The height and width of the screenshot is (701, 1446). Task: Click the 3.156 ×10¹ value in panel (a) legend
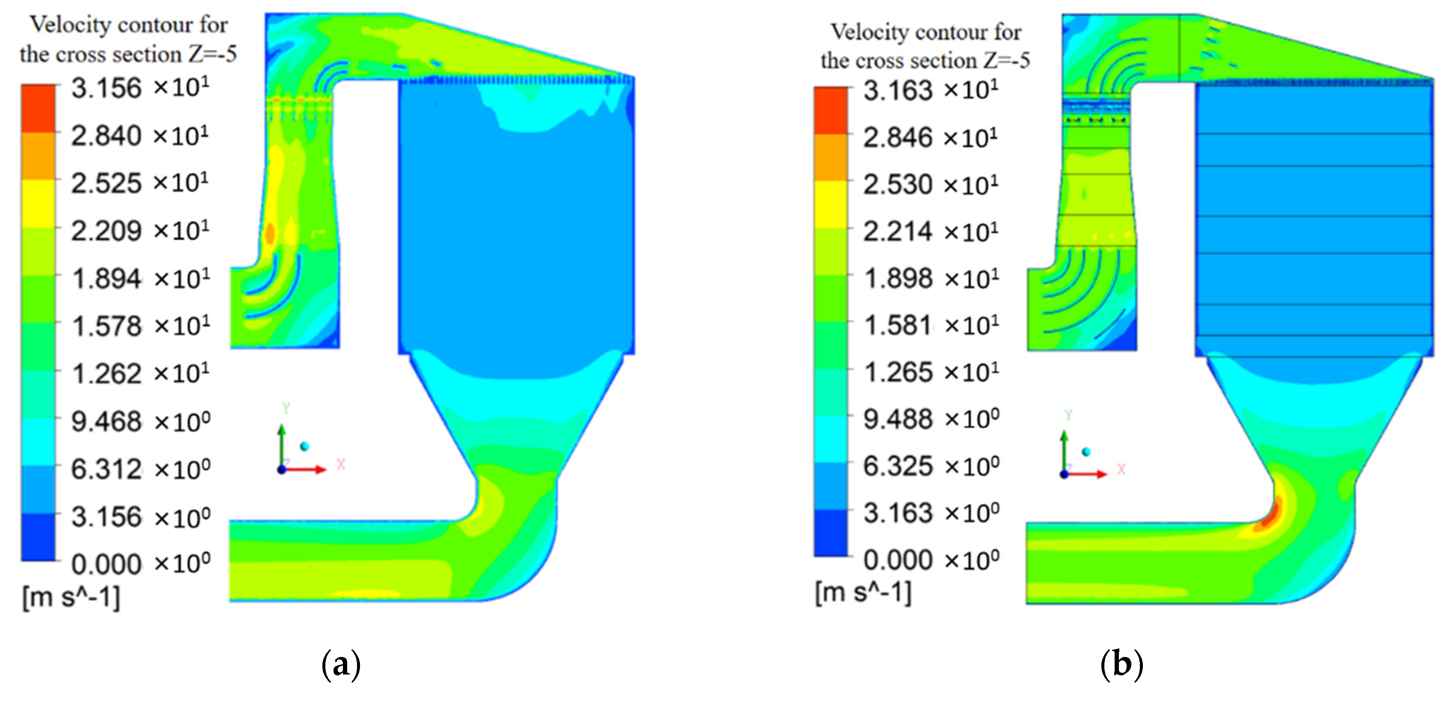click(140, 88)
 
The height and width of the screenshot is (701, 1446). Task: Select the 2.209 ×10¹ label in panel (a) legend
click(140, 231)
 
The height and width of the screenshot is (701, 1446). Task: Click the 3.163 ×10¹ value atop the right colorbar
click(931, 90)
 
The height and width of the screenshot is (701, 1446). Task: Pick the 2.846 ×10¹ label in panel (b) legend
click(931, 138)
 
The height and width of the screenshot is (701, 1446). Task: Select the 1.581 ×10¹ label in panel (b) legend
click(931, 325)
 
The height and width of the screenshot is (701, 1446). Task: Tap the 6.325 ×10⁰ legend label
click(931, 466)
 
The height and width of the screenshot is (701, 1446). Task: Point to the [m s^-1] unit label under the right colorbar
click(863, 592)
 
